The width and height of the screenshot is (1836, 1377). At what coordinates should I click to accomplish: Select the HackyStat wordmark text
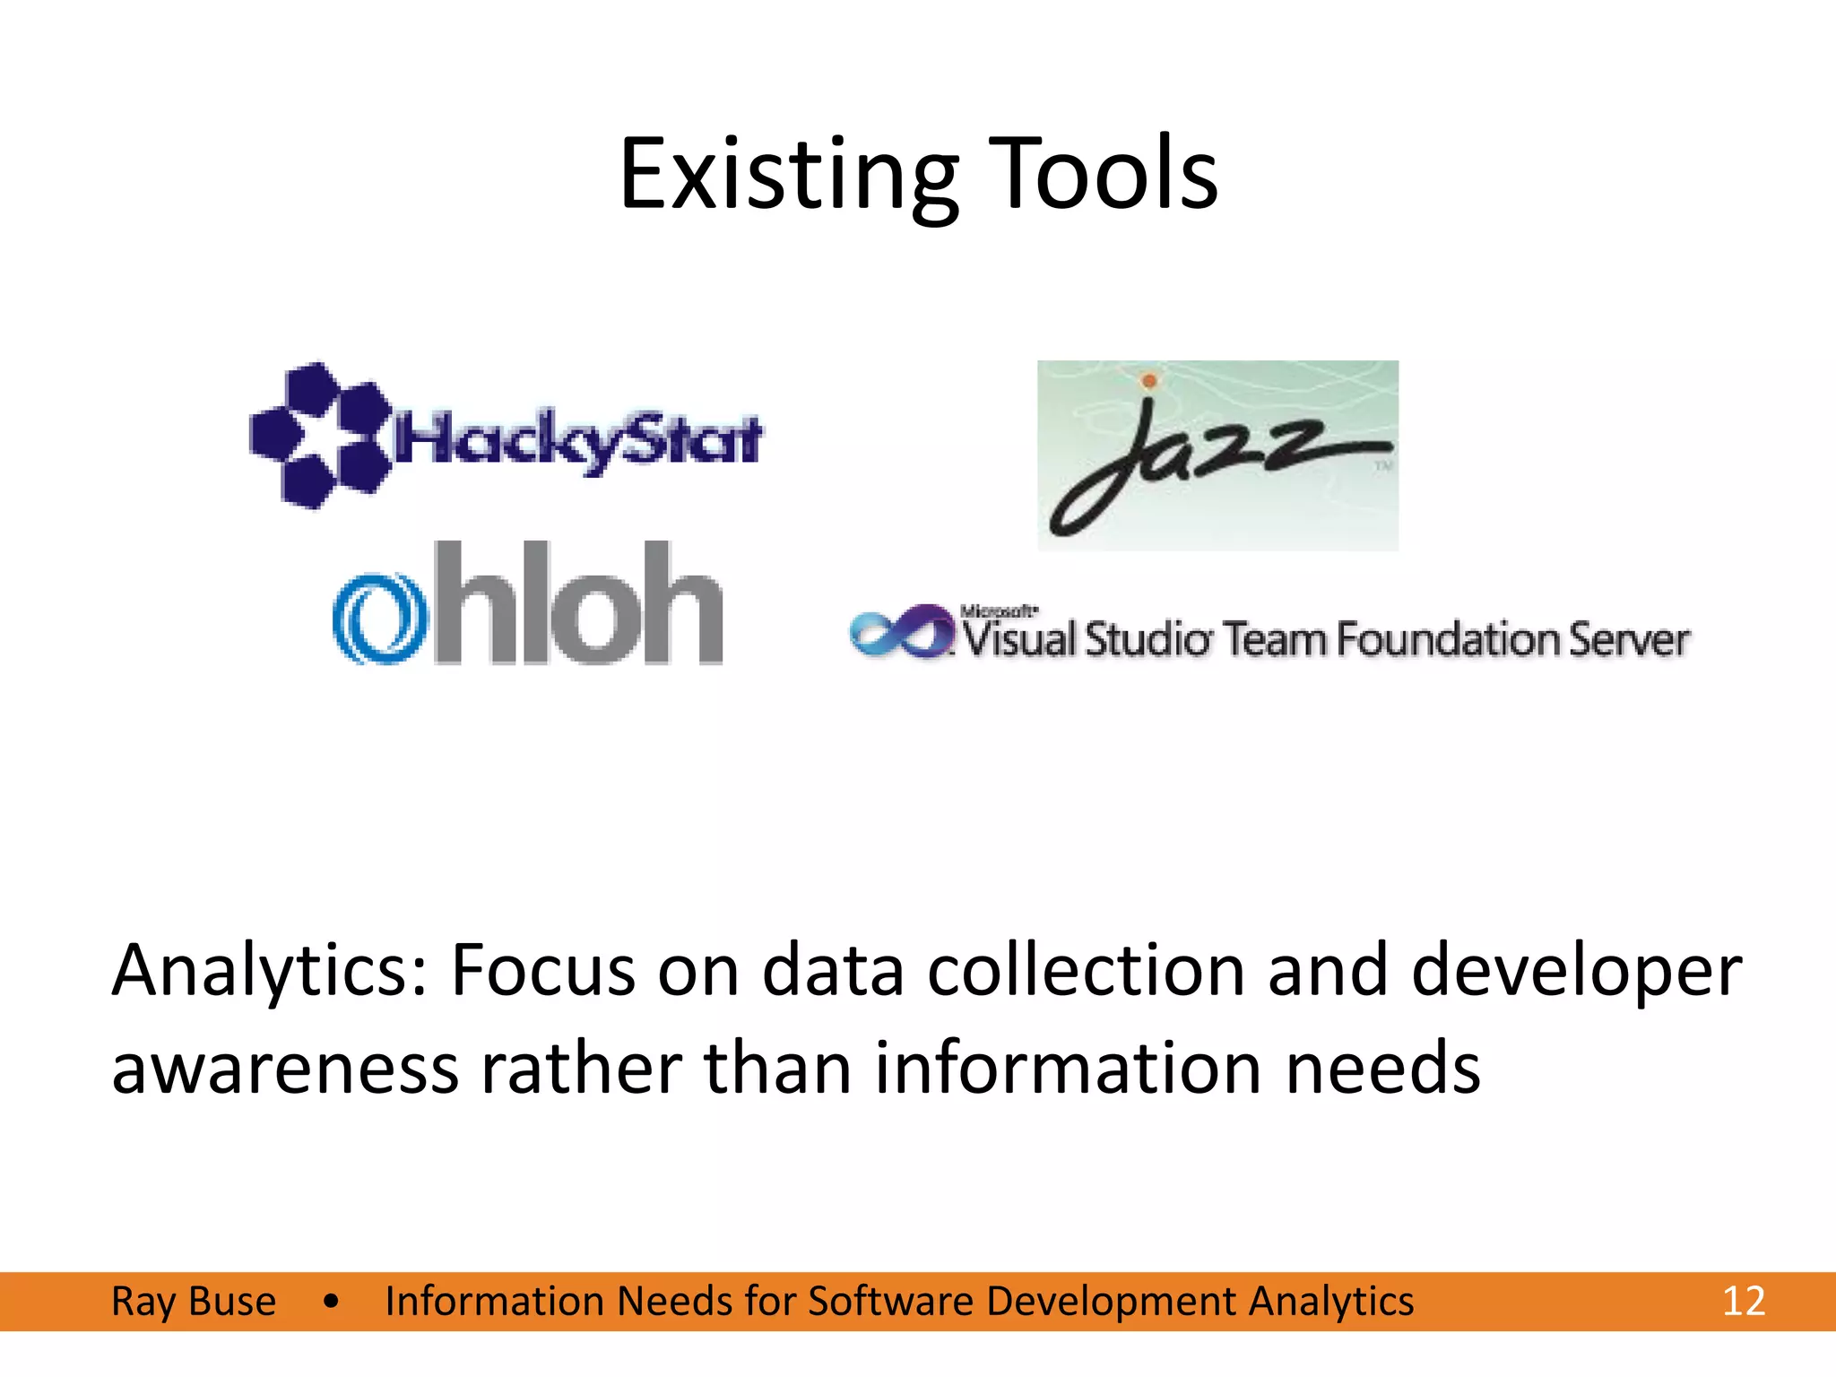[578, 440]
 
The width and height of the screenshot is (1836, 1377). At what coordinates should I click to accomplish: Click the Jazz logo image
[1217, 455]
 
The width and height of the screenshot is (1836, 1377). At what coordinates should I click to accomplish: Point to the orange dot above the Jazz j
[1148, 382]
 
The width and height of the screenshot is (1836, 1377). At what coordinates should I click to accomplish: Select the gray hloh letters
[578, 603]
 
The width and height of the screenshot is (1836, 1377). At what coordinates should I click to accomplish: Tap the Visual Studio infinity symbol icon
[901, 631]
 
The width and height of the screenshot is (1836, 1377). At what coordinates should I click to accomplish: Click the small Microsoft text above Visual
[998, 611]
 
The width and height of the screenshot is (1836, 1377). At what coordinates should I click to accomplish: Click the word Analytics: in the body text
[270, 971]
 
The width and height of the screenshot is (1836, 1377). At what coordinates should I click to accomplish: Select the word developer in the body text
[1576, 971]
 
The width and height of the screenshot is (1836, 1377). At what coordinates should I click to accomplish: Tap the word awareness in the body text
[284, 1069]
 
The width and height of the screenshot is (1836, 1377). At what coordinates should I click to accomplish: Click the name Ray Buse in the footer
[193, 1301]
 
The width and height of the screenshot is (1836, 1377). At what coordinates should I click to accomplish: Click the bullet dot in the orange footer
[331, 1301]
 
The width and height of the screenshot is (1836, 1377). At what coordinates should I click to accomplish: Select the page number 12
[1743, 1301]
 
